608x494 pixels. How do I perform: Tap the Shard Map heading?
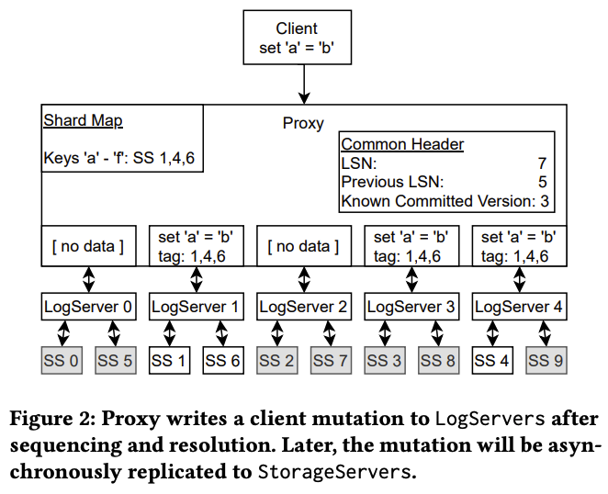pyautogui.click(x=83, y=121)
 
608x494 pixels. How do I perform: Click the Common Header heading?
pyautogui.click(x=402, y=144)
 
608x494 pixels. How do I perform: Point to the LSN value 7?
pyautogui.click(x=542, y=163)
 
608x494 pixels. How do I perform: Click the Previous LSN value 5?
pyautogui.click(x=542, y=182)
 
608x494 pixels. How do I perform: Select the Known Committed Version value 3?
pyautogui.click(x=546, y=201)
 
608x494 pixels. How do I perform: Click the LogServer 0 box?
pyautogui.click(x=88, y=307)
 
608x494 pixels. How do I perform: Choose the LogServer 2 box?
pyautogui.click(x=302, y=307)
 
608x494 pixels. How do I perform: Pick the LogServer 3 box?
pyautogui.click(x=411, y=307)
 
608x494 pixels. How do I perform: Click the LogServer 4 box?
pyautogui.click(x=518, y=307)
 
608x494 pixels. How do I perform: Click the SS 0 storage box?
pyautogui.click(x=62, y=361)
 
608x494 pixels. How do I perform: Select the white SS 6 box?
pyautogui.click(x=222, y=361)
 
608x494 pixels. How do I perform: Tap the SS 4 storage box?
pyautogui.click(x=491, y=361)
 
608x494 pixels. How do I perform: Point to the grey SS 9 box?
pyautogui.click(x=545, y=361)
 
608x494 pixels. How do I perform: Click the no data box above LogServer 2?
pyautogui.click(x=302, y=246)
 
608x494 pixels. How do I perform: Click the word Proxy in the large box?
pyautogui.click(x=302, y=123)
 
